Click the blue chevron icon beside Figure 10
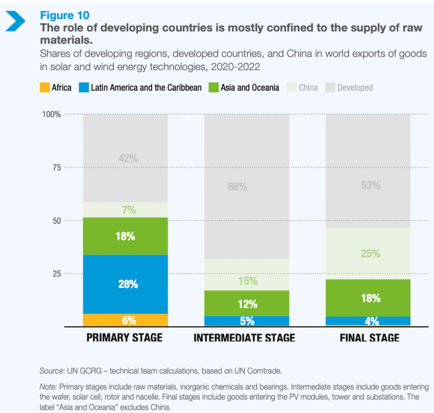tap(15, 22)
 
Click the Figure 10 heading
tap(65, 16)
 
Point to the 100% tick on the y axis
tap(52, 114)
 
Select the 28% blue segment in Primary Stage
tap(125, 284)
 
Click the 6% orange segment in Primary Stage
tap(125, 320)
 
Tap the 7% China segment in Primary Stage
tap(125, 210)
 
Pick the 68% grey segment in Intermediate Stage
tap(246, 186)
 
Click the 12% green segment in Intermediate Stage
tap(246, 303)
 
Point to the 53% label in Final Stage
tap(370, 185)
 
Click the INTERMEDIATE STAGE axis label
tap(244, 338)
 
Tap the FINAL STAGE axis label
tap(369, 338)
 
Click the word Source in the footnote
tap(51, 371)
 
